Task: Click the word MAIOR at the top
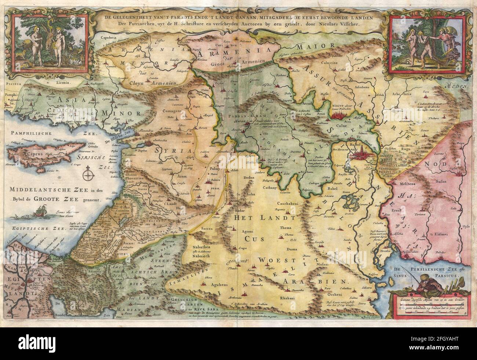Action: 311,47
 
